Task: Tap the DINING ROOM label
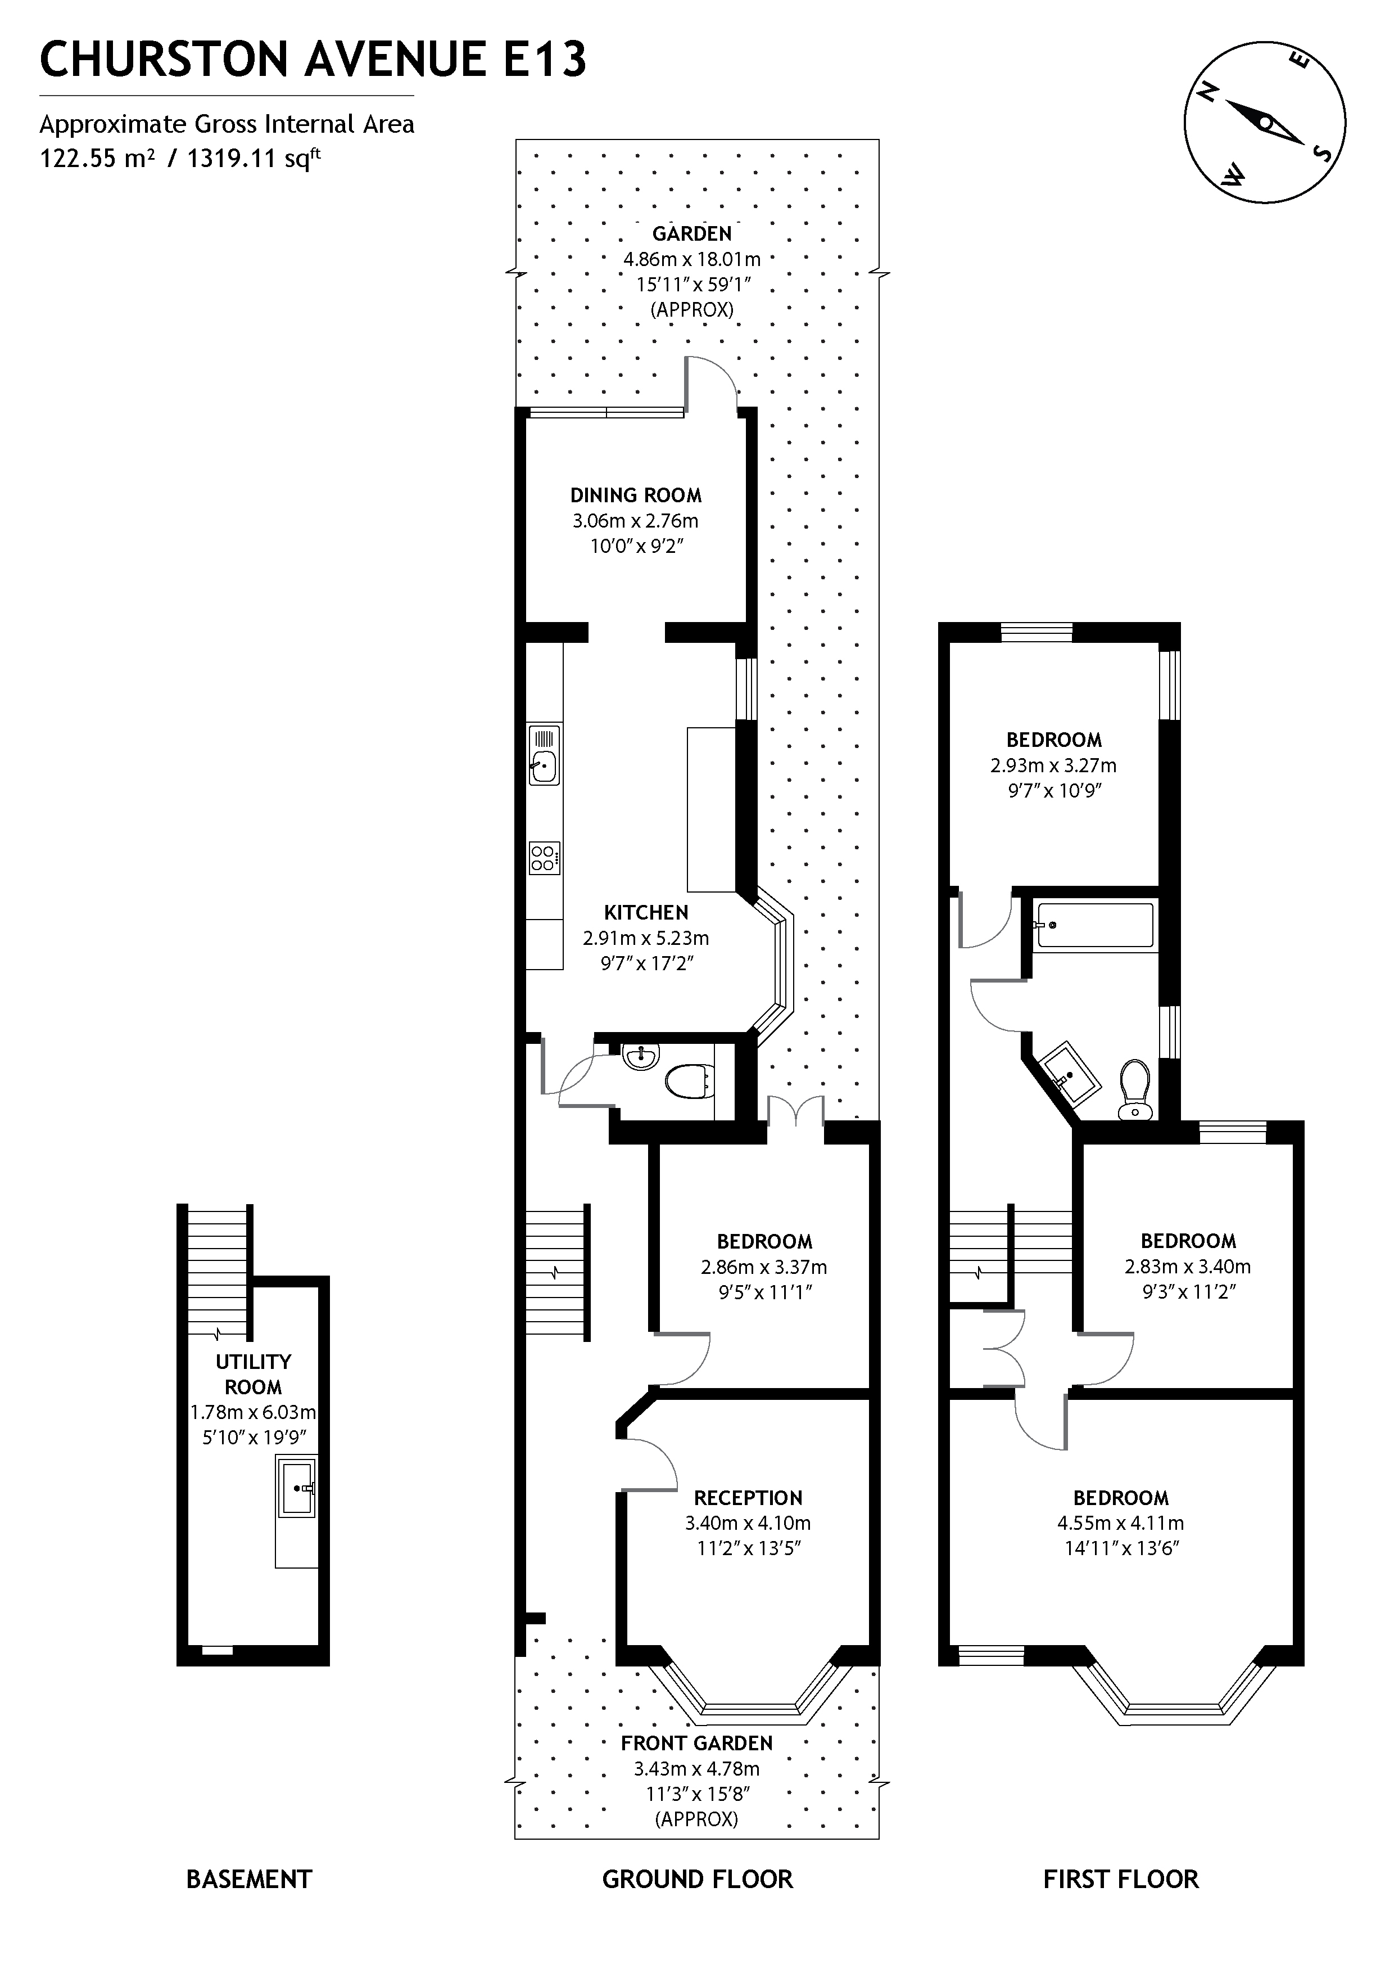pos(636,495)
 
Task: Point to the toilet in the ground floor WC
pos(690,1081)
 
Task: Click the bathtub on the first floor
pos(1094,925)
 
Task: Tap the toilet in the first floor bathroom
pos(1135,1089)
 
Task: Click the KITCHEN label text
pos(646,913)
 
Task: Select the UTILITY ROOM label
pos(254,1374)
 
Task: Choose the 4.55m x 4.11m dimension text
pos(1121,1524)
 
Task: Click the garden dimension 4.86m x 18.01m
pos(693,259)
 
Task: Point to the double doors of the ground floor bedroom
pos(795,1111)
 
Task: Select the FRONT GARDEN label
pos(696,1743)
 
